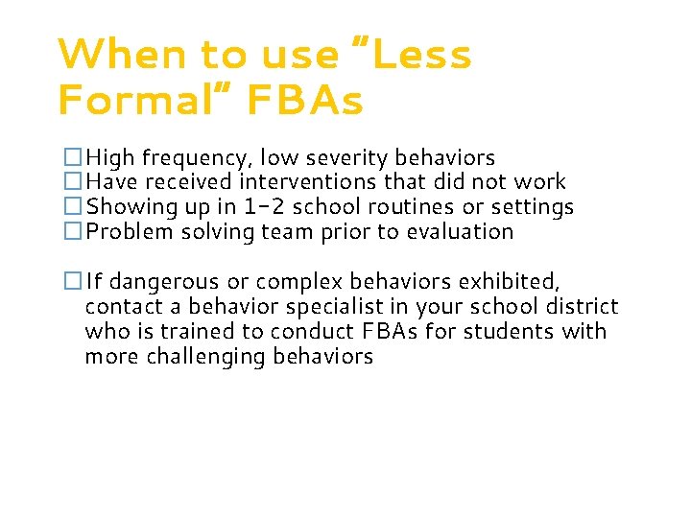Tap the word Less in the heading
click(x=423, y=55)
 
